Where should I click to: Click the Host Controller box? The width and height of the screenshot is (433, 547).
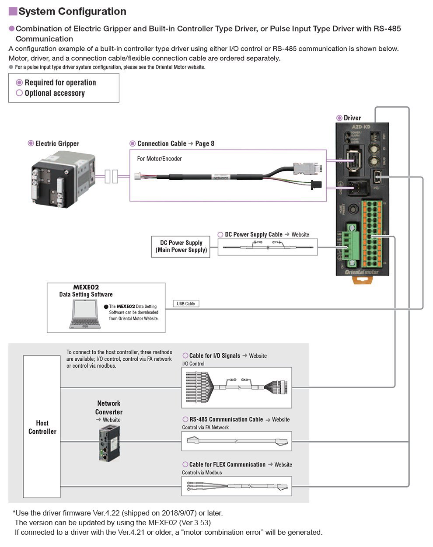42,427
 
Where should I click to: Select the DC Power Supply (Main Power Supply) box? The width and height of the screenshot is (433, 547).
181,247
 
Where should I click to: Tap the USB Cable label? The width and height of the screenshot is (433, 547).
186,303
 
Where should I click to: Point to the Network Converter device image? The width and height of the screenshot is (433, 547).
108,443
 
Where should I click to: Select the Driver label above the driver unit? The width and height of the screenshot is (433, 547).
352,118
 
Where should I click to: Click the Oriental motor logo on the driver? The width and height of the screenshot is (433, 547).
362,272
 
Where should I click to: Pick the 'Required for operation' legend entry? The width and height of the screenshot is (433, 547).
60,83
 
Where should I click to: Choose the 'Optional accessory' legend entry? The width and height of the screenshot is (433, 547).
54,93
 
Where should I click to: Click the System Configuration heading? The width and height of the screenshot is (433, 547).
72,12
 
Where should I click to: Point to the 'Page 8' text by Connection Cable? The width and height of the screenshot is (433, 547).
205,143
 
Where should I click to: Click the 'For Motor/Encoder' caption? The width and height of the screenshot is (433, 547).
159,159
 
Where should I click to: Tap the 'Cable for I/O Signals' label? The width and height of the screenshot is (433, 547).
214,355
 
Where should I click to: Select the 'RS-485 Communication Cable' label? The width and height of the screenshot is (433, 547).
226,419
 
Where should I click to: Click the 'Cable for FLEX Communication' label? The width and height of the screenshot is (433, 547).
227,464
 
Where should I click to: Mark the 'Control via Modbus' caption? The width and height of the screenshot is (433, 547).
202,473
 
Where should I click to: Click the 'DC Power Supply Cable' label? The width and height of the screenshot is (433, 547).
253,234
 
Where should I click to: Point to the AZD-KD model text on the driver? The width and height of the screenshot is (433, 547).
361,127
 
